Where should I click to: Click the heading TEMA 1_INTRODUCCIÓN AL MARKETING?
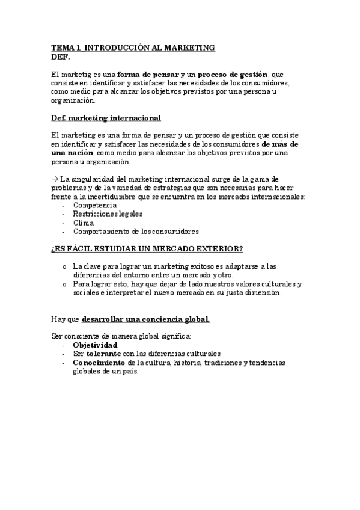pyautogui.click(x=133, y=48)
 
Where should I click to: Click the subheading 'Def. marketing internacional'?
pyautogui.click(x=106, y=118)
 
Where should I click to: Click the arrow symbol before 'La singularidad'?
pyautogui.click(x=54, y=180)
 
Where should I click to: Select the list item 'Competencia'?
pyautogui.click(x=95, y=206)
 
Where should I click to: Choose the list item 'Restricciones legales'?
pyautogui.click(x=108, y=214)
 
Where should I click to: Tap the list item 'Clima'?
pyautogui.click(x=84, y=223)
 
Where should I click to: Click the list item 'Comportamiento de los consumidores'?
pyautogui.click(x=136, y=232)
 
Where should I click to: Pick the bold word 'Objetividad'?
pyautogui.click(x=95, y=346)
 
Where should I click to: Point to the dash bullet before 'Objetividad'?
pyautogui.click(x=64, y=346)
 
